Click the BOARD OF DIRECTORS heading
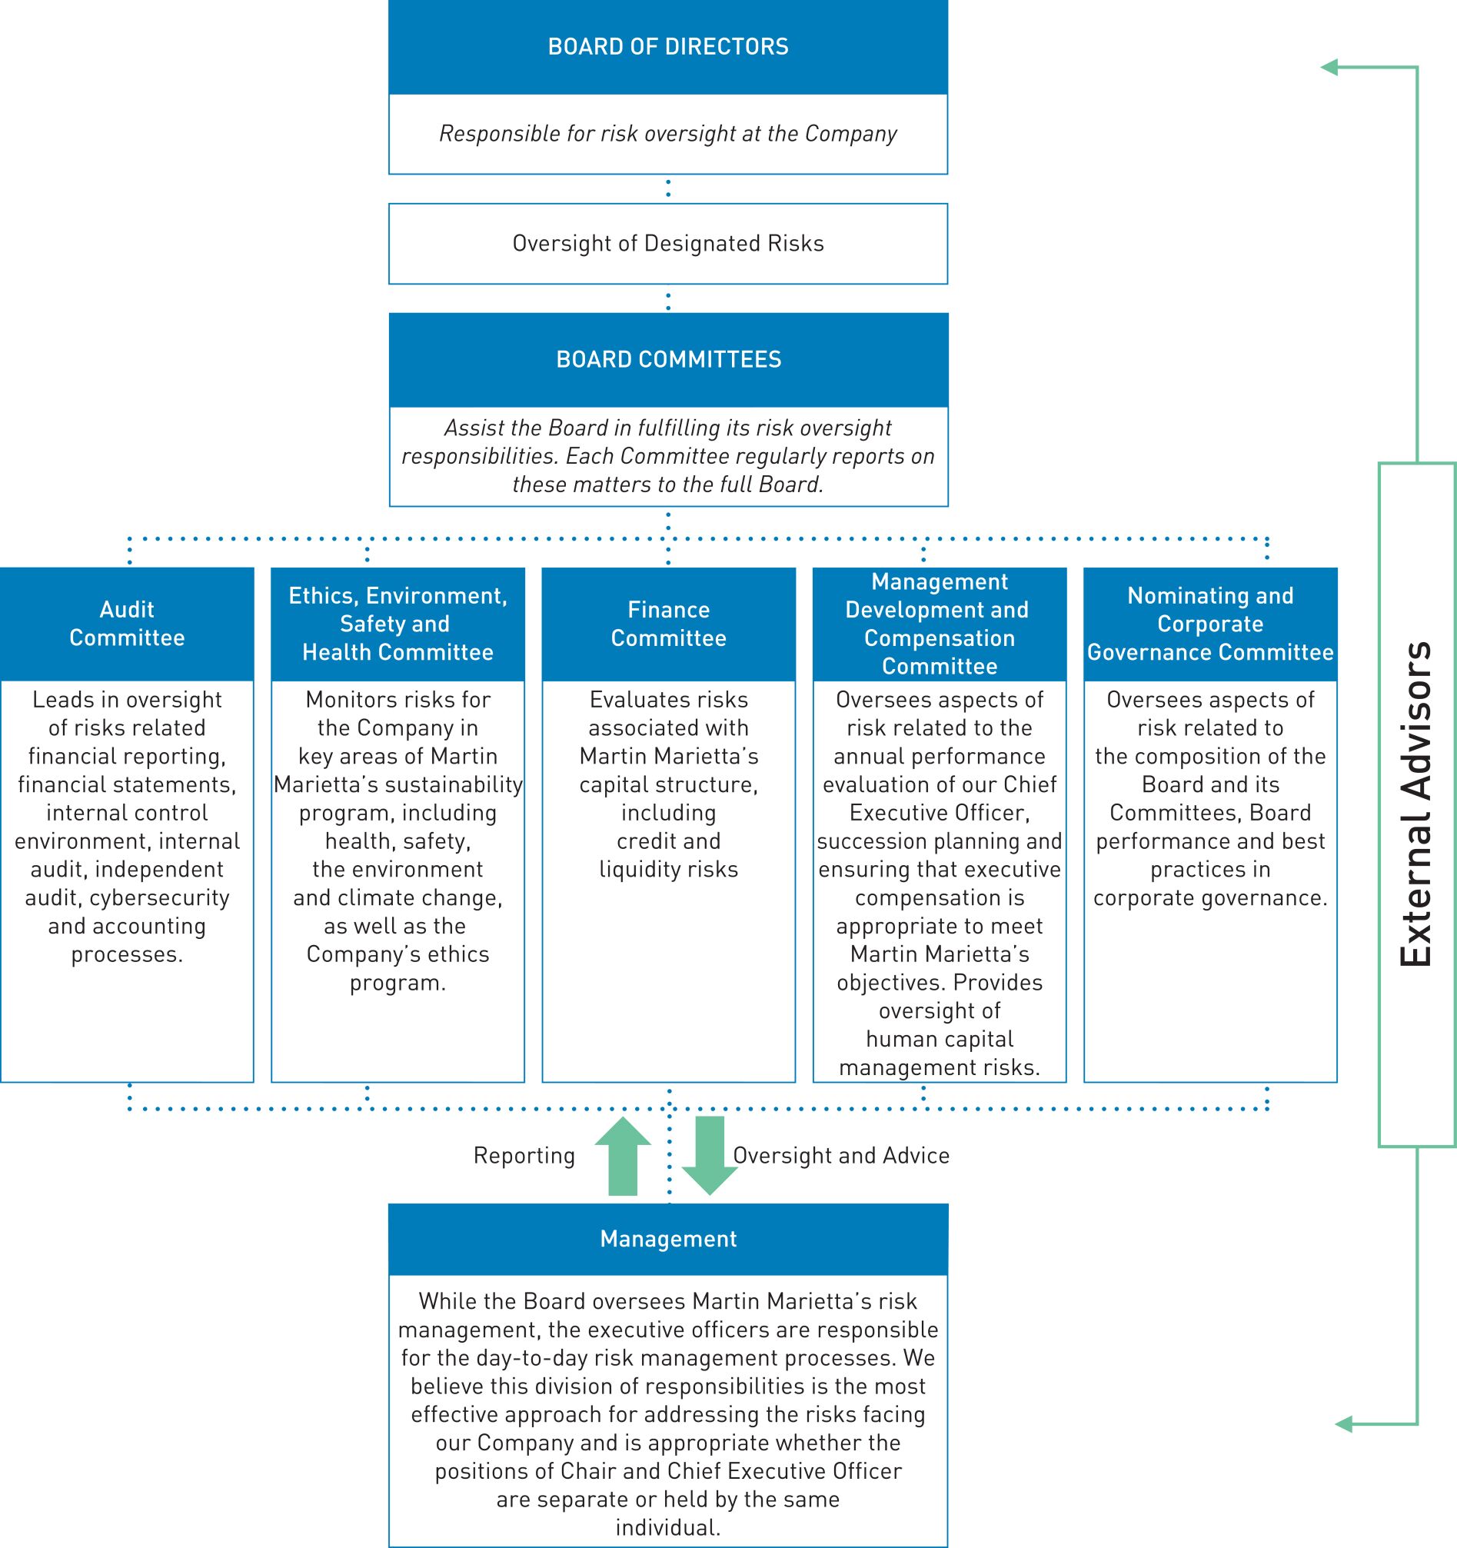tap(668, 47)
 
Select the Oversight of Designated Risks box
tap(668, 244)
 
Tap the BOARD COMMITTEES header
tap(668, 360)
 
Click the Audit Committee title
tap(127, 624)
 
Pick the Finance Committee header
tap(668, 624)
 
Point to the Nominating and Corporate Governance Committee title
tap(1210, 624)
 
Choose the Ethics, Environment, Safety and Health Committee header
tap(398, 624)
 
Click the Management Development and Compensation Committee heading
tap(939, 624)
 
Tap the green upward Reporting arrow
tap(622, 1156)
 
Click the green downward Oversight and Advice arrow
tap(710, 1156)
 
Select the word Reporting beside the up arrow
tap(524, 1156)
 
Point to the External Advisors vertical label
tap(1416, 804)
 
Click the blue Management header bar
tap(668, 1239)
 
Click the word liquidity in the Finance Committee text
tap(633, 870)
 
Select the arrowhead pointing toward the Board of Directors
tap(1330, 68)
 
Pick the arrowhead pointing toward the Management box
tap(1345, 1425)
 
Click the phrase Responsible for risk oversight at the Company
tap(668, 134)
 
